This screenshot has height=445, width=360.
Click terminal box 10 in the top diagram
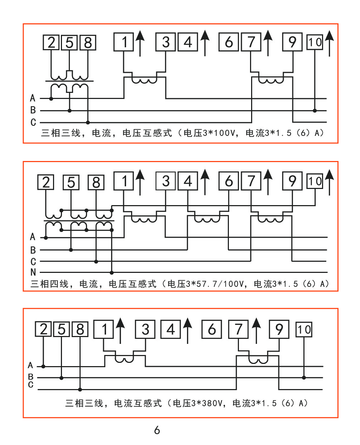(315, 42)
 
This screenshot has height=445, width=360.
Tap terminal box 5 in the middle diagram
(71, 182)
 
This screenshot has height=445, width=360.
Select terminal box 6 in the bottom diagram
(211, 329)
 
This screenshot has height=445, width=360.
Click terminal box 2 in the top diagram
(51, 42)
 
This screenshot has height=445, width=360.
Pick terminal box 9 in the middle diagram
(292, 181)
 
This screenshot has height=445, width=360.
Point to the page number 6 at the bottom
(157, 430)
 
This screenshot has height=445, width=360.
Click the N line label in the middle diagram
(33, 272)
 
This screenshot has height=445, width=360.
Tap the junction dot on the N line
(112, 273)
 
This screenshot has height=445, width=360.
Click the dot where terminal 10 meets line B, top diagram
(315, 110)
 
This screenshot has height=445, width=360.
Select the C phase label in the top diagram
(33, 122)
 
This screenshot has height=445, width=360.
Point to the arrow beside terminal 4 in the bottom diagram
(188, 331)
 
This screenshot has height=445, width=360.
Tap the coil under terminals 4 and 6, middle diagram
(207, 219)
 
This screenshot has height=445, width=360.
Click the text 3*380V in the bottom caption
(207, 403)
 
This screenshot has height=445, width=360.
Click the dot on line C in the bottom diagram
(80, 390)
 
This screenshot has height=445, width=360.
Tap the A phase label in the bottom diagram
(30, 365)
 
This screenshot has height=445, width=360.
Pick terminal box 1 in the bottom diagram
(104, 329)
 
